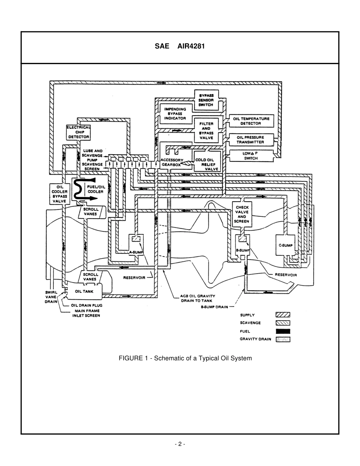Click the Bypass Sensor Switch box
coord(206,100)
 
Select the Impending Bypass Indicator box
coord(175,114)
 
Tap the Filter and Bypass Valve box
coord(206,131)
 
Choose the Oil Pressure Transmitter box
coord(250,139)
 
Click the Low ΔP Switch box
coord(250,156)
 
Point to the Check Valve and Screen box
coord(242,214)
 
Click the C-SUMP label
coord(285,246)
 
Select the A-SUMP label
coord(136,252)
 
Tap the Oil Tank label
coord(84,291)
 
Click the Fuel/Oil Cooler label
coord(95,189)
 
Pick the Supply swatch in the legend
coord(282,315)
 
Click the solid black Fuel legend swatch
coord(282,331)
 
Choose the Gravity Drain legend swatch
coord(282,339)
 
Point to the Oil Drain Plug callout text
coord(86,305)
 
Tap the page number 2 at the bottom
coord(180,444)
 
